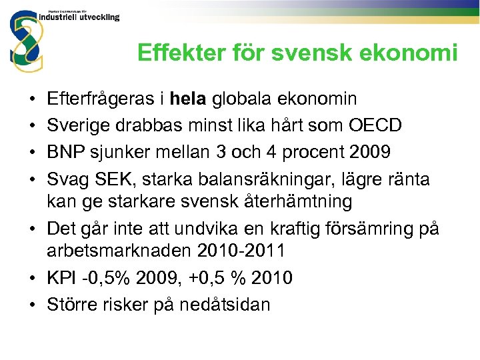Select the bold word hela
point(190,99)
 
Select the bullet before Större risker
point(32,305)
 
